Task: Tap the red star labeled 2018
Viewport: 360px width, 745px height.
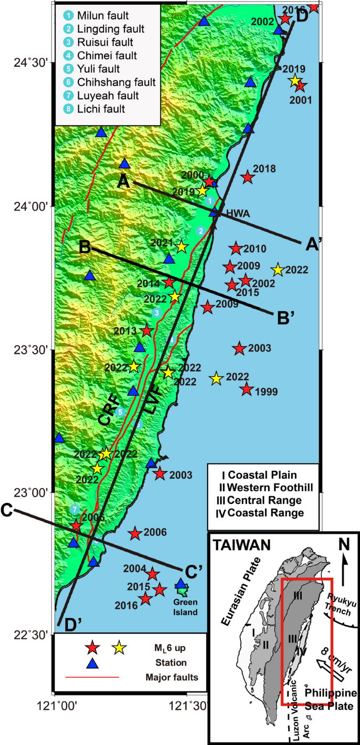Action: point(248,178)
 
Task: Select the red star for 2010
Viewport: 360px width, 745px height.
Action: point(235,249)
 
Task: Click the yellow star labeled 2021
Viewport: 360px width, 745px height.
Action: point(181,246)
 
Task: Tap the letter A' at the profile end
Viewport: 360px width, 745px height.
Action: point(311,244)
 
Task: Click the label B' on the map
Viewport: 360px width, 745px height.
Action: point(283,318)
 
